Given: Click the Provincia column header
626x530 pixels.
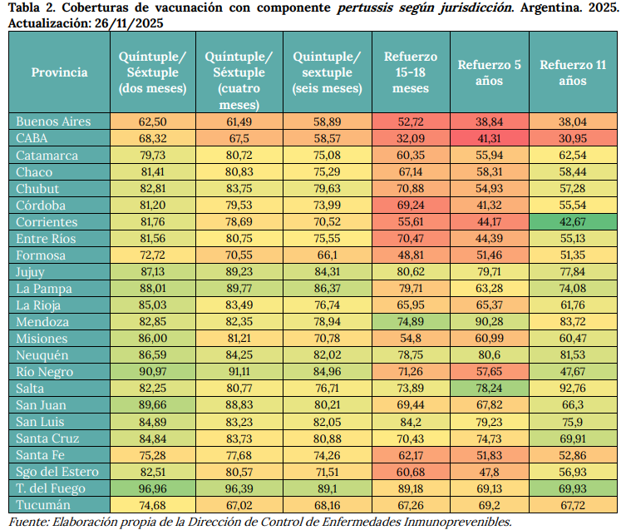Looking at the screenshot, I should click(59, 72).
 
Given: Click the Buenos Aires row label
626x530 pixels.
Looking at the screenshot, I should click(53, 121).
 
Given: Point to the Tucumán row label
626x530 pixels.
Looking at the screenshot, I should click(42, 505).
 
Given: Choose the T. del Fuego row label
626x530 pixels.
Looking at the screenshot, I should click(48, 488).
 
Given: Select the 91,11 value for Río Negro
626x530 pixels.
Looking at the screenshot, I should click(238, 372).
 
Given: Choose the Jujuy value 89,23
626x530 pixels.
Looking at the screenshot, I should click(238, 272).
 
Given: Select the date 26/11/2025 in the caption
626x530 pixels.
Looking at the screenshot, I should click(125, 23).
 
